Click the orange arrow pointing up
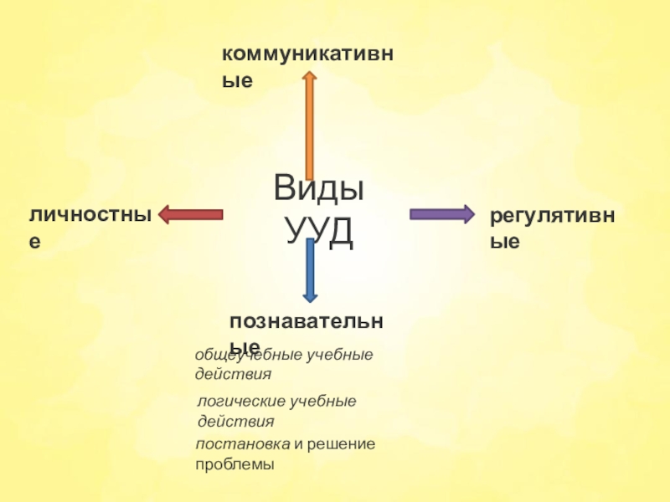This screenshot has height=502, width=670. tap(309, 125)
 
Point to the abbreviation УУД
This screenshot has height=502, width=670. tap(320, 232)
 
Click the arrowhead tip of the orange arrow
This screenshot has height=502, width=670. tap(309, 74)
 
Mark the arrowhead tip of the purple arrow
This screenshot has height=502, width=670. tap(472, 214)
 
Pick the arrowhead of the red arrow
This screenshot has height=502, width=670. tap(164, 214)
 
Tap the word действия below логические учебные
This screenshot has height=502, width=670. tap(235, 421)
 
